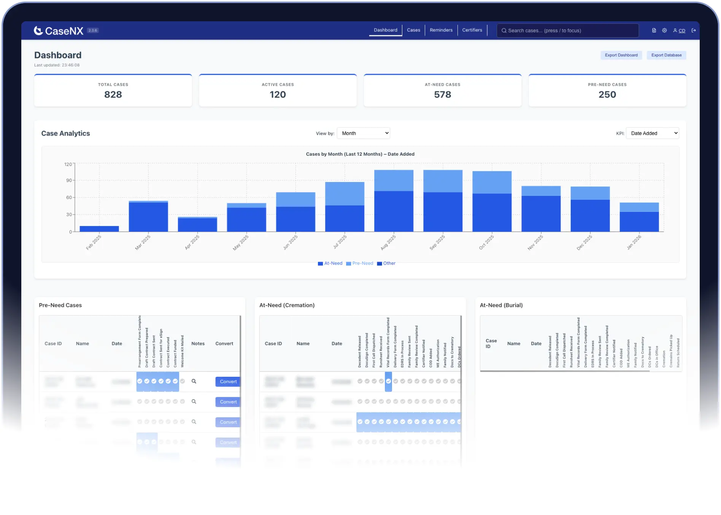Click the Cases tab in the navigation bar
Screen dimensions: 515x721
[x=413, y=30]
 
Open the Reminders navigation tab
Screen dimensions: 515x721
[x=441, y=30]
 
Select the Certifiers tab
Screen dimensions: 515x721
[x=472, y=30]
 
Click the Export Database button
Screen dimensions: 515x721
[x=666, y=55]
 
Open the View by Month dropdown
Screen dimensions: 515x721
[x=364, y=133]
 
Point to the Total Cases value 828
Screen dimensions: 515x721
[x=113, y=95]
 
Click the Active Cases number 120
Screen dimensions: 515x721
[x=278, y=95]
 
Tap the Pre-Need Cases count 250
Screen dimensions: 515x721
[x=607, y=95]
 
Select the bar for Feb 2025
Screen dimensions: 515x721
[x=99, y=229]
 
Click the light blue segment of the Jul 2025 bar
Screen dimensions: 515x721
[x=345, y=194]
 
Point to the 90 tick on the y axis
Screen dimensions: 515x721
[x=69, y=180]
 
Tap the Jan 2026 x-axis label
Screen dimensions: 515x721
[x=634, y=242]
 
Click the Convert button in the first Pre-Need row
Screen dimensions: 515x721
[x=228, y=382]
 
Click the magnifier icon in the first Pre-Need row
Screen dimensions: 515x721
[x=194, y=381]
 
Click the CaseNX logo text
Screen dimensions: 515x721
[x=64, y=31]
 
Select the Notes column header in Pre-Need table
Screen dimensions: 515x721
[x=198, y=344]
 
